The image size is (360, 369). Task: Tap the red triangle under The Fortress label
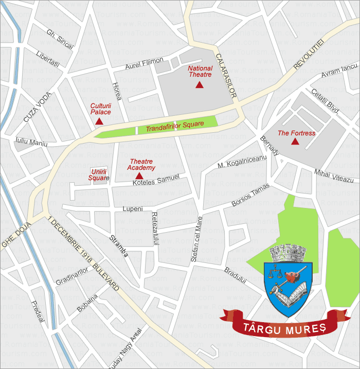[x=295, y=142]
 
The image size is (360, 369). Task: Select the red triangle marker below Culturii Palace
[x=99, y=121]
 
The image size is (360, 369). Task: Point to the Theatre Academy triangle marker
[x=139, y=176]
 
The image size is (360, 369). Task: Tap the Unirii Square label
[x=99, y=174]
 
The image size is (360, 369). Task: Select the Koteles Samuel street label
[x=156, y=180]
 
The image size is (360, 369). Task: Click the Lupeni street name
[x=132, y=209]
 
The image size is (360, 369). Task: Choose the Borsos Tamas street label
[x=250, y=196]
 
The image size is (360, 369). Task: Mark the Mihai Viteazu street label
[x=334, y=175]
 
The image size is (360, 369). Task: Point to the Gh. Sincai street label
[x=60, y=39]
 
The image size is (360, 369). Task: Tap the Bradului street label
[x=236, y=274]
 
